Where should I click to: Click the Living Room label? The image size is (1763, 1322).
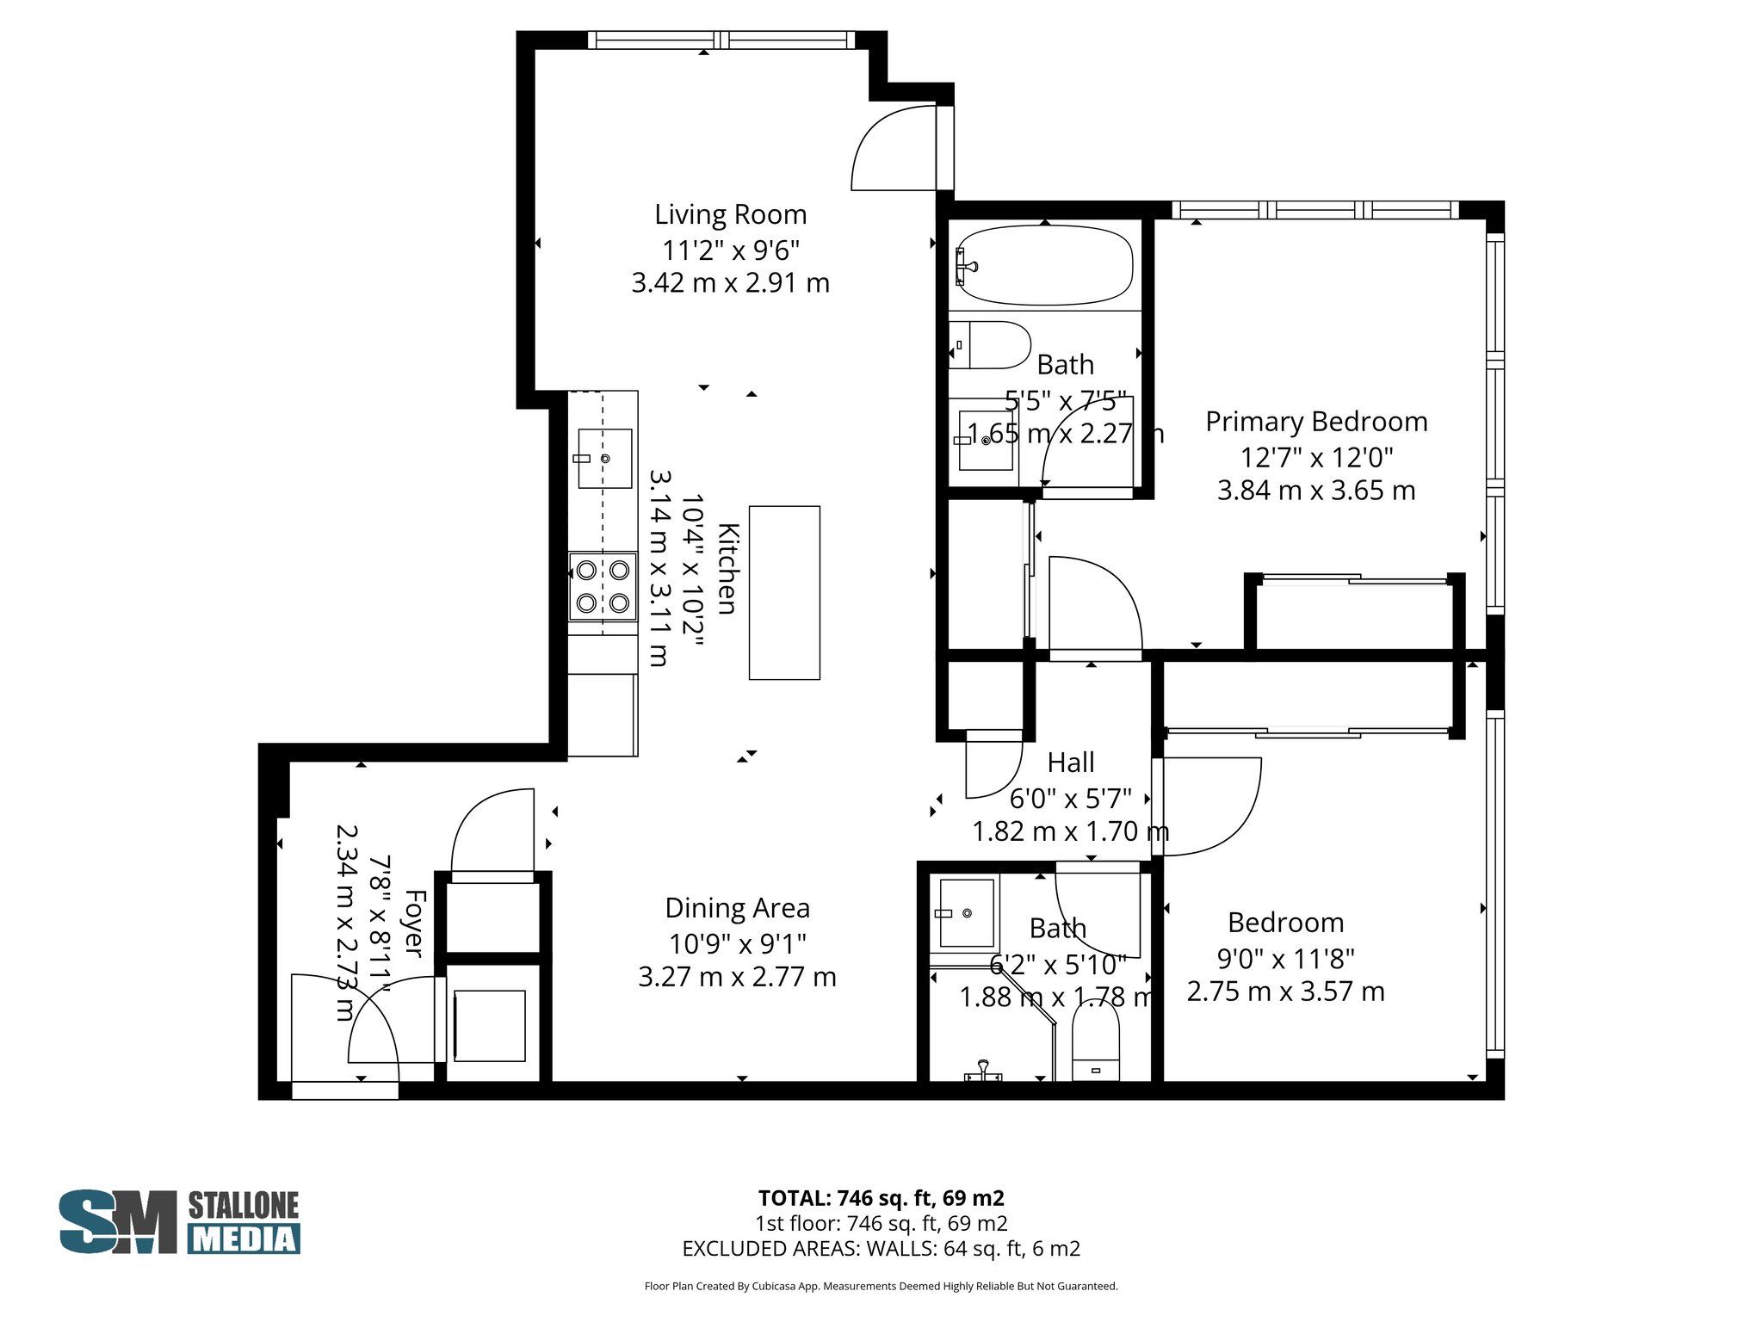[730, 214]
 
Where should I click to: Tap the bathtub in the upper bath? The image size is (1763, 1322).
[1044, 264]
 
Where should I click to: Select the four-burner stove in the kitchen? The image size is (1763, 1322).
[603, 586]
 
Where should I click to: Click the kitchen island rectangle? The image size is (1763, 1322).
[783, 592]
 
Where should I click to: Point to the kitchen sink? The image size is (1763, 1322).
[604, 458]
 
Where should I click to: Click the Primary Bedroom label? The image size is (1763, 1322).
[1315, 422]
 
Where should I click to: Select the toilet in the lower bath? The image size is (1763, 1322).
[1095, 1041]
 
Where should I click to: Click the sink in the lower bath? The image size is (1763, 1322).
[966, 912]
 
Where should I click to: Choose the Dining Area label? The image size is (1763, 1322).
[737, 908]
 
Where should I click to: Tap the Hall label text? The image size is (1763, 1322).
[1071, 763]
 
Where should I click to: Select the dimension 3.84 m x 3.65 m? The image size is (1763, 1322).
[1315, 491]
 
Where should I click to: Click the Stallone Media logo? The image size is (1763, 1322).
[179, 1221]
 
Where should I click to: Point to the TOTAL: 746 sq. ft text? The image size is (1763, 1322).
[881, 1197]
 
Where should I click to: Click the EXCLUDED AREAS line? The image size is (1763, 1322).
[881, 1248]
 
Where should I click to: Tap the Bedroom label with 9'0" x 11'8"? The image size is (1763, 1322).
[1285, 923]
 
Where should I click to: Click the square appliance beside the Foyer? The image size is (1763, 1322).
[489, 1025]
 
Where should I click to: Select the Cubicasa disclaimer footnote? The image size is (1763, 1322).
[881, 1287]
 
